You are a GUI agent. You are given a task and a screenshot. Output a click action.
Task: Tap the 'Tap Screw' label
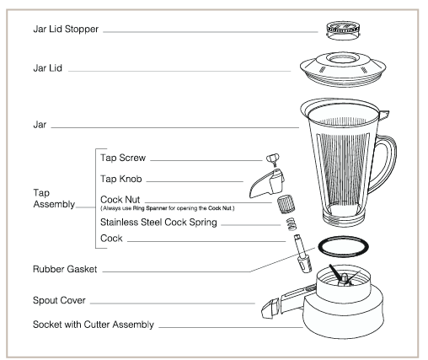coord(124,156)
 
